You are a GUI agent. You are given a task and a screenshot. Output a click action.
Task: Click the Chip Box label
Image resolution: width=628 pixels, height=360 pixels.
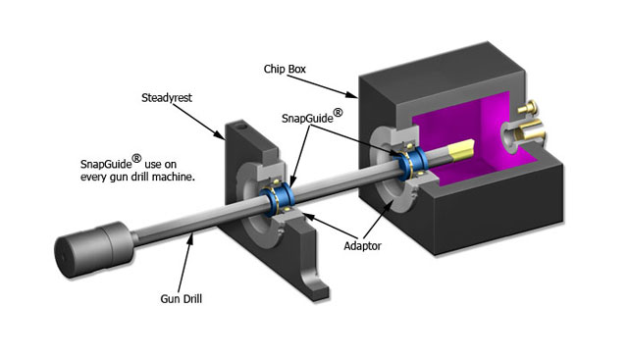(x=285, y=70)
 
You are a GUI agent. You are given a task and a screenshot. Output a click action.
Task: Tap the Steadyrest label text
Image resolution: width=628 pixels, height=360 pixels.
(x=167, y=98)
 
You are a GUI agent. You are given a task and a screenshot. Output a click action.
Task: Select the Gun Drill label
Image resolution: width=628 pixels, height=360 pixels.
(x=181, y=299)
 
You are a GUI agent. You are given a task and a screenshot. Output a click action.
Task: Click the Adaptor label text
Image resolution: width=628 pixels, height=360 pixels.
(x=362, y=246)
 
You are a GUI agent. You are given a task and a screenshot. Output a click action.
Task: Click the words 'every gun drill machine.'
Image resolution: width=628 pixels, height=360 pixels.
(x=137, y=177)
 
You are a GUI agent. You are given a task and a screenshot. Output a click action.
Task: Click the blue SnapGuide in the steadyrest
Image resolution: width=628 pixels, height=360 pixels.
(x=278, y=198)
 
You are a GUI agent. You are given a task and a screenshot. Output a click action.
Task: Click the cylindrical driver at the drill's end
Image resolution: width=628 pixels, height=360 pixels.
(x=95, y=249)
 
